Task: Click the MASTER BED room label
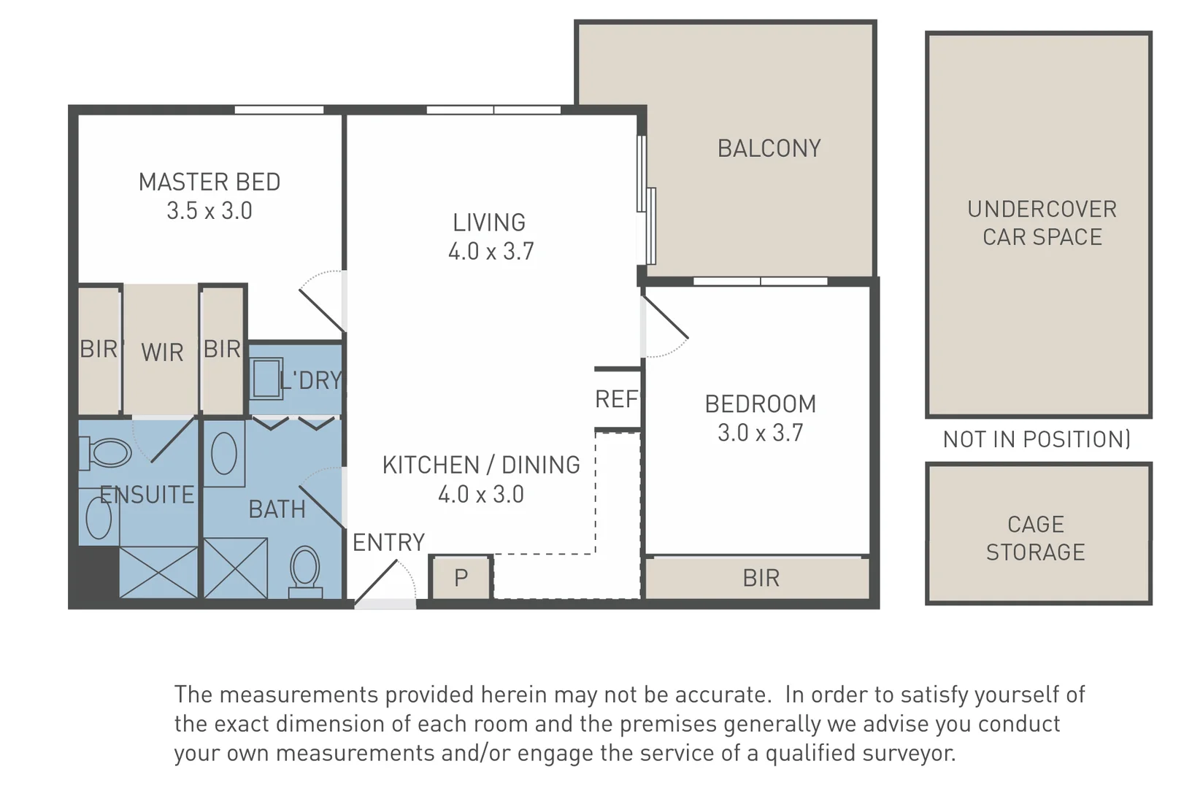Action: pyautogui.click(x=209, y=182)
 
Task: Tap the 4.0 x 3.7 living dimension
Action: pyautogui.click(x=491, y=251)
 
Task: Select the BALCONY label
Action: pyautogui.click(x=769, y=148)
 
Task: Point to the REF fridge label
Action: pyautogui.click(x=616, y=399)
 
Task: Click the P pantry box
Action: pyautogui.click(x=461, y=577)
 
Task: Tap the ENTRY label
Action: pyautogui.click(x=388, y=542)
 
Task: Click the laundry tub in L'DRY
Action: pyautogui.click(x=266, y=378)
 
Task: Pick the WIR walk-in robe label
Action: pyautogui.click(x=162, y=352)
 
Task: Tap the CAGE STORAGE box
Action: pyautogui.click(x=1038, y=534)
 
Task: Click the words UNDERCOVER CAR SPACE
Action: pyautogui.click(x=1042, y=223)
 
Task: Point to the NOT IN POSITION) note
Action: pyautogui.click(x=1037, y=439)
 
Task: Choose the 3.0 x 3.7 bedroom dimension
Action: pyautogui.click(x=760, y=433)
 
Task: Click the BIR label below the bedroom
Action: pyautogui.click(x=761, y=578)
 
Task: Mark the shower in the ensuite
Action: pyautogui.click(x=158, y=573)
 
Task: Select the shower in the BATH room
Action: pyautogui.click(x=236, y=568)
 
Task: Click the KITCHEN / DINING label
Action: pyautogui.click(x=481, y=465)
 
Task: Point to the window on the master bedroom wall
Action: pyautogui.click(x=279, y=110)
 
